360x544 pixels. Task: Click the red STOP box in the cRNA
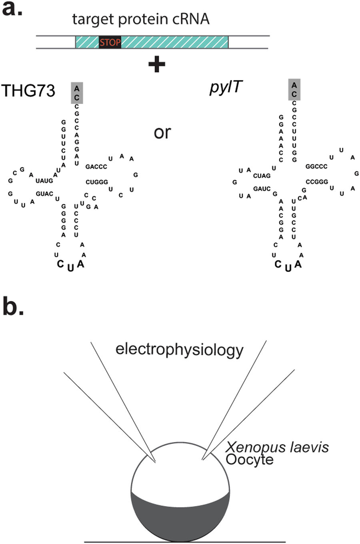point(110,42)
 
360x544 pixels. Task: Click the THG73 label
point(28,91)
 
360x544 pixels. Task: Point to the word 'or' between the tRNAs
point(162,132)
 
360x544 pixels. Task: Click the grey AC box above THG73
point(77,93)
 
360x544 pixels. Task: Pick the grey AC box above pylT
point(294,89)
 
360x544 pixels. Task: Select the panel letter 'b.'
point(13,306)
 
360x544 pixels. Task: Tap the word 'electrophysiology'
point(179,350)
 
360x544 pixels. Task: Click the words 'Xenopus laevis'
point(277,447)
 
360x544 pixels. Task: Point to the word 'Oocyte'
point(250,459)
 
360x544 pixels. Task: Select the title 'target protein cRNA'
point(141,19)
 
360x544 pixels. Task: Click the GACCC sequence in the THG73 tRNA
point(96,167)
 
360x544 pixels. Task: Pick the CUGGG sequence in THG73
point(97,182)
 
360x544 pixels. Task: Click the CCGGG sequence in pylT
point(317,182)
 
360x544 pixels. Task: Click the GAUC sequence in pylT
point(262,189)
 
